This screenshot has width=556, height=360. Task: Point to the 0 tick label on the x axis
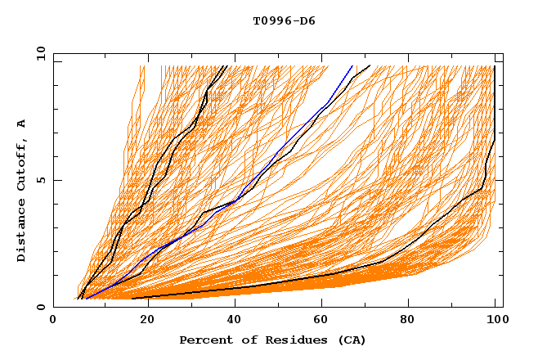(53, 321)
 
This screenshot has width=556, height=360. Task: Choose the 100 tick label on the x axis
(494, 321)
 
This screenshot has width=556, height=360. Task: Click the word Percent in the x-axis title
(203, 340)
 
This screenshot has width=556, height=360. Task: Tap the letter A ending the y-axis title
(22, 123)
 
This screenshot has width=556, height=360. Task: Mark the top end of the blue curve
(352, 65)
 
